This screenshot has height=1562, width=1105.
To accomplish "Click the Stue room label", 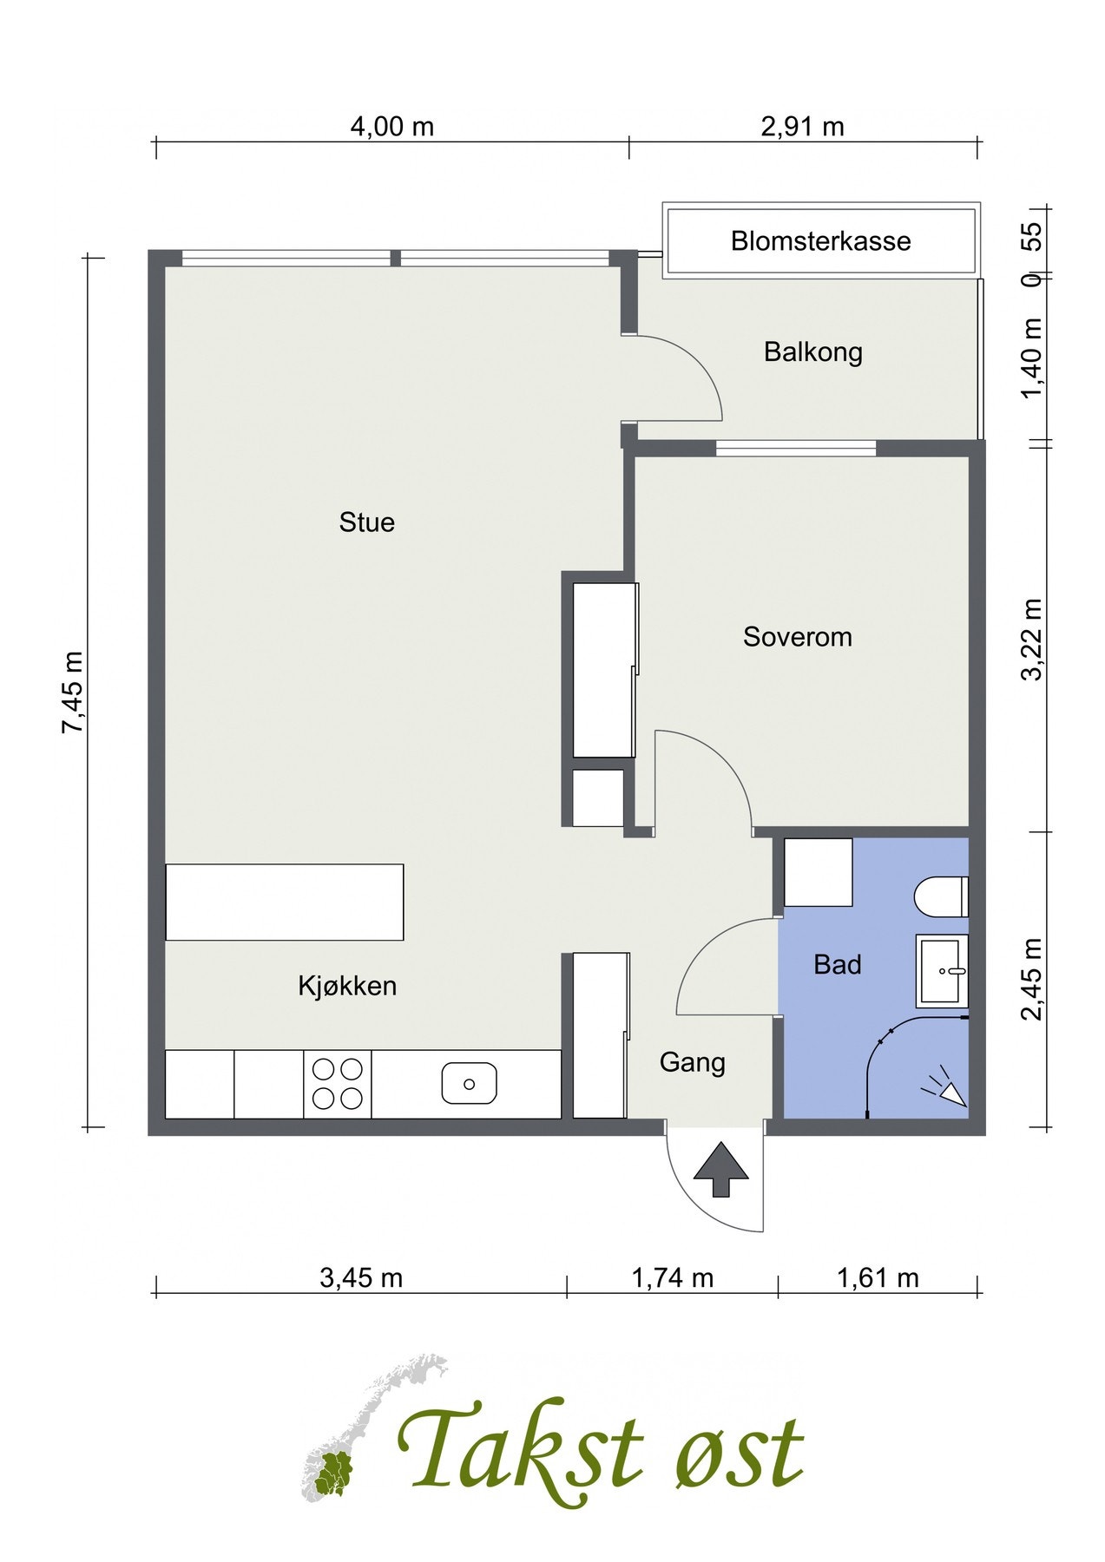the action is pyautogui.click(x=366, y=522).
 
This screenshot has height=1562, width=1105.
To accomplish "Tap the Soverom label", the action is pyautogui.click(x=797, y=637).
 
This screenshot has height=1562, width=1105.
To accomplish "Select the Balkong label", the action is pyautogui.click(x=812, y=352).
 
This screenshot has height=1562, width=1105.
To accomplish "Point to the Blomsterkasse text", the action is pyautogui.click(x=820, y=240).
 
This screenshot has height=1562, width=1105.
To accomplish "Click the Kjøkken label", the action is pyautogui.click(x=347, y=986).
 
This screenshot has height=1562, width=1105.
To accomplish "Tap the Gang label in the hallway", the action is pyautogui.click(x=692, y=1063).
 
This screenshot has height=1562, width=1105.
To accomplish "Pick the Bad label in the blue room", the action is pyautogui.click(x=837, y=965).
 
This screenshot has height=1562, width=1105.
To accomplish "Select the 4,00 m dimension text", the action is pyautogui.click(x=391, y=127).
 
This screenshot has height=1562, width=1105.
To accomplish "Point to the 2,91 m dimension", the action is pyautogui.click(x=802, y=127).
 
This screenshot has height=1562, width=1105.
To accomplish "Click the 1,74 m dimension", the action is pyautogui.click(x=672, y=1277).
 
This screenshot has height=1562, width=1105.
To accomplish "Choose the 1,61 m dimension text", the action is pyautogui.click(x=878, y=1277).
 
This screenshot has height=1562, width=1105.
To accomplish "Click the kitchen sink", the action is pyautogui.click(x=469, y=1084).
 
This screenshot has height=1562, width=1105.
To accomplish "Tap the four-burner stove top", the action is pyautogui.click(x=338, y=1084).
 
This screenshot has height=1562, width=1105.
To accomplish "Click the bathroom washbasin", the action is pyautogui.click(x=942, y=971).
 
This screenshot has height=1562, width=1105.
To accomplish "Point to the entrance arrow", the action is pyautogui.click(x=721, y=1170).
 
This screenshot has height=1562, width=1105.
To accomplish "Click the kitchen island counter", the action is pyautogui.click(x=285, y=902).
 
